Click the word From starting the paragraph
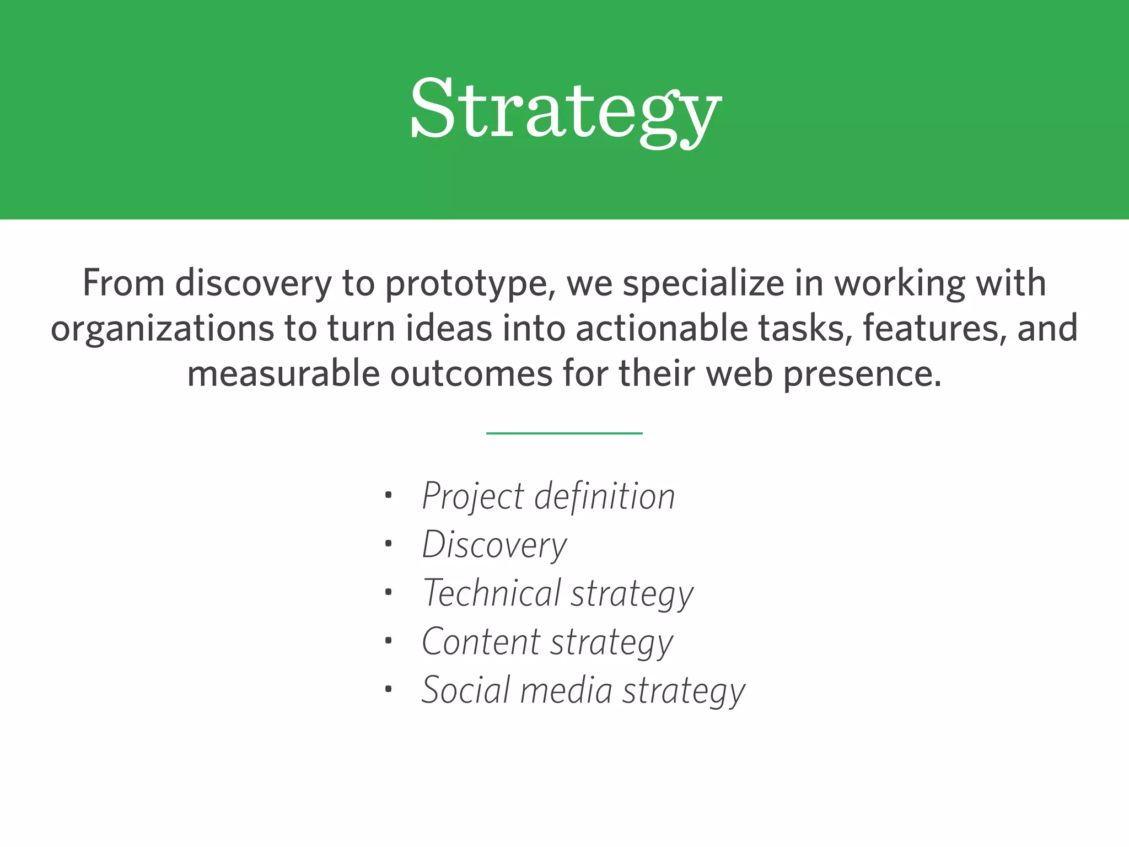[123, 283]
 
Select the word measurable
[283, 374]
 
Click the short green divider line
[564, 433]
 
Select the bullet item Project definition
[548, 496]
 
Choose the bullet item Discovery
[494, 545]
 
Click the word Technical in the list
[492, 593]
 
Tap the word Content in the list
[481, 641]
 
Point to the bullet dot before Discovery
[389, 544]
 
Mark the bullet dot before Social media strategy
[389, 689]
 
